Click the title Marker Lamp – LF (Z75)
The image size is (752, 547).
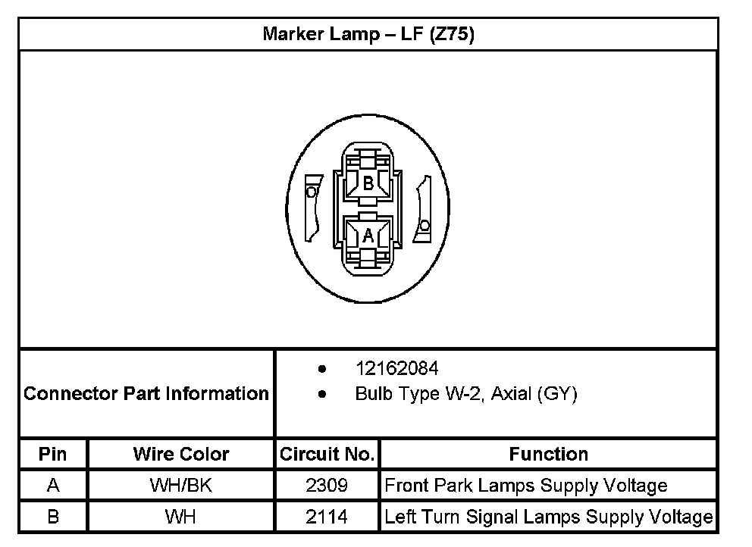[x=368, y=35]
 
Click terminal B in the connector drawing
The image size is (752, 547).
[x=368, y=183]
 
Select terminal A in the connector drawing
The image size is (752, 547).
[x=368, y=235]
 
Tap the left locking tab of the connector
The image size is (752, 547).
[x=312, y=207]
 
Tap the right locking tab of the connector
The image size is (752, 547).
[x=423, y=210]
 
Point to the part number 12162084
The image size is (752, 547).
[x=396, y=369]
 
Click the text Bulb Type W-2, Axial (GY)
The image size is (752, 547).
[x=465, y=394]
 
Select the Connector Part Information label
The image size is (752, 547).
[x=146, y=394]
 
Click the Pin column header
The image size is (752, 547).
[x=53, y=455]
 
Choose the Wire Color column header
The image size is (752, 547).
[x=181, y=455]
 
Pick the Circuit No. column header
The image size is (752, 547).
[x=327, y=455]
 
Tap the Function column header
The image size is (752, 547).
[x=548, y=455]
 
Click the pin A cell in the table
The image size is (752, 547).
[x=53, y=486]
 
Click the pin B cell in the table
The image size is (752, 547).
[x=53, y=517]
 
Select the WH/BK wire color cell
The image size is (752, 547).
[x=181, y=486]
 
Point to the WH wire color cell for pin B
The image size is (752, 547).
[x=181, y=517]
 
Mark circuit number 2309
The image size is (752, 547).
[x=327, y=486]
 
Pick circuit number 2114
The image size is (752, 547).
[x=327, y=517]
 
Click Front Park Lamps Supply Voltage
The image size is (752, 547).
[x=526, y=486]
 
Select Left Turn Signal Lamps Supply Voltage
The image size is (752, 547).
[x=548, y=517]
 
